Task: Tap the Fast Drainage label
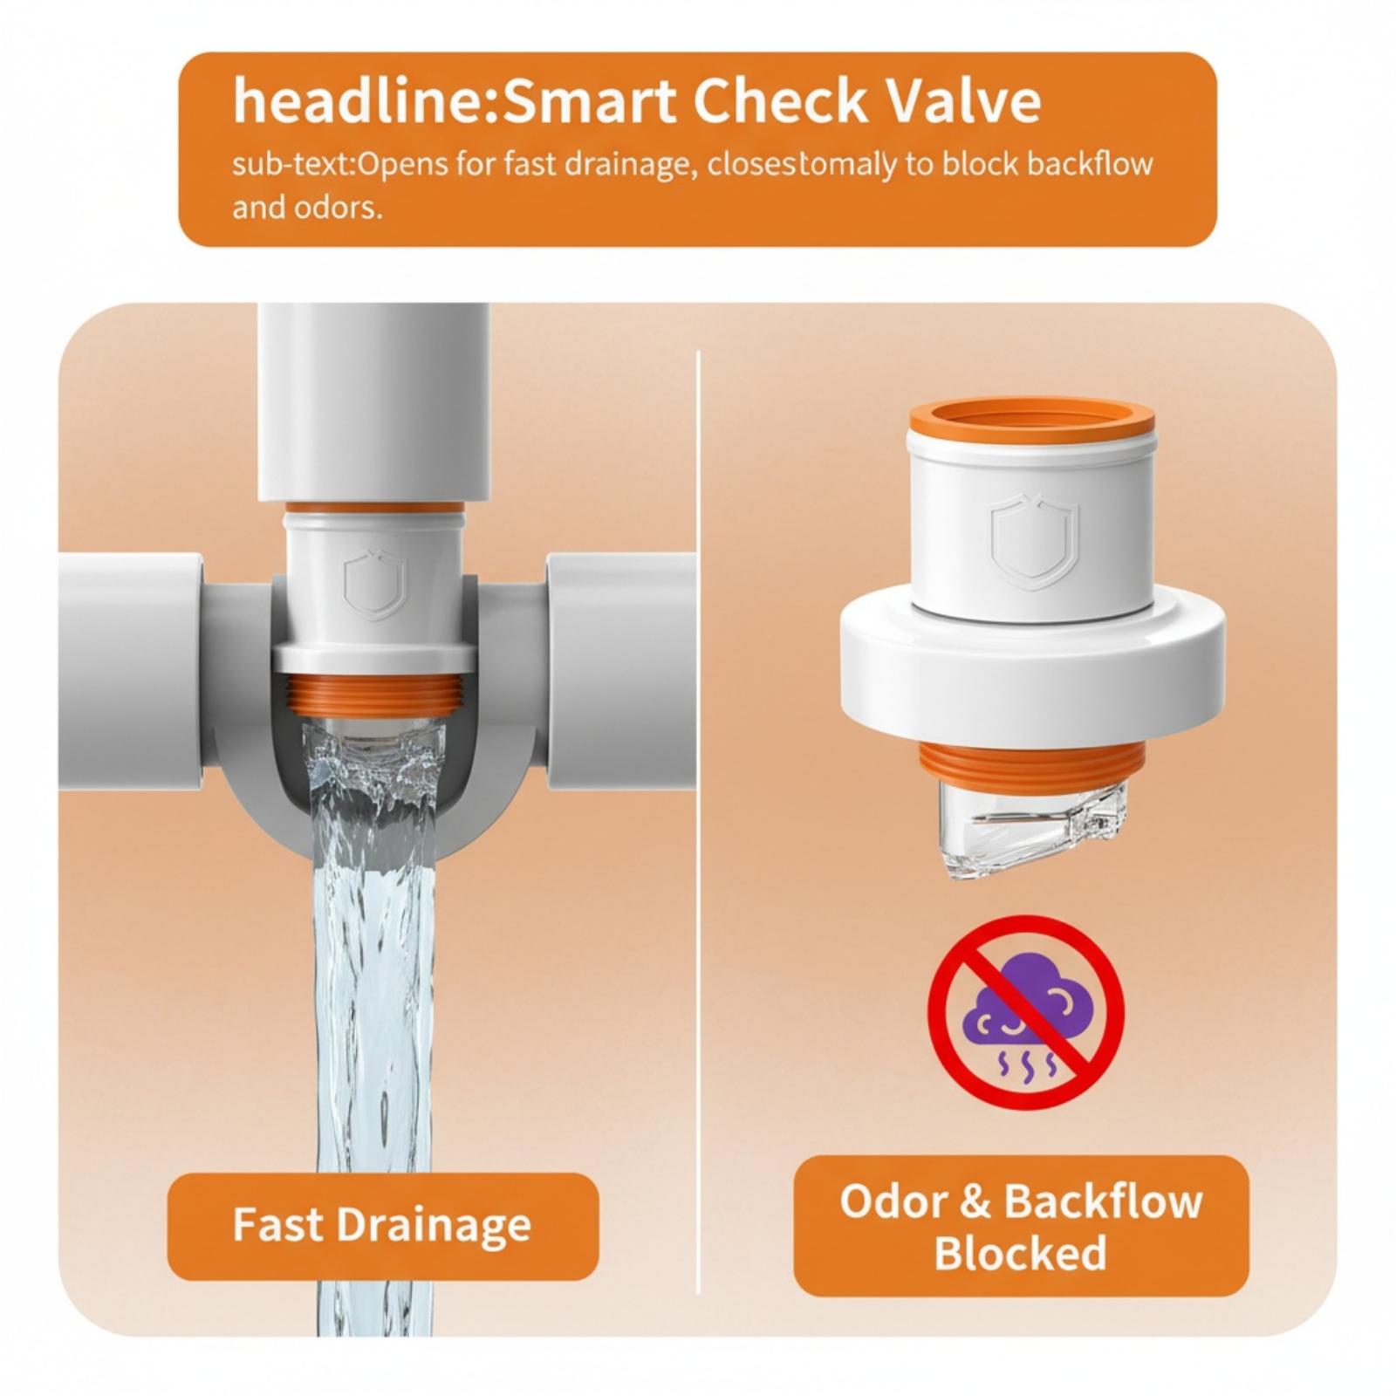[x=382, y=1225]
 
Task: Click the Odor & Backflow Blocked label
[x=1021, y=1226]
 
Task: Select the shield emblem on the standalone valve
[x=1035, y=541]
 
